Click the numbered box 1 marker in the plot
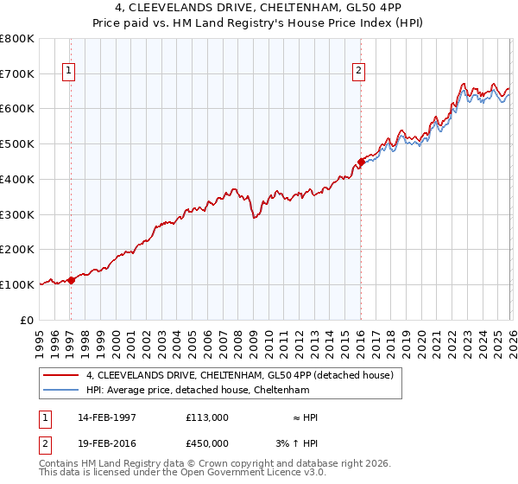coord(68,72)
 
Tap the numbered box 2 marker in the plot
coord(359,72)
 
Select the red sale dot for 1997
coord(72,279)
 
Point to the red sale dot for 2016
coord(361,161)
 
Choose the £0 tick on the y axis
coord(26,320)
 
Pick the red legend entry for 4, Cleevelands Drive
coord(240,375)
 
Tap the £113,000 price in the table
coord(206,417)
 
